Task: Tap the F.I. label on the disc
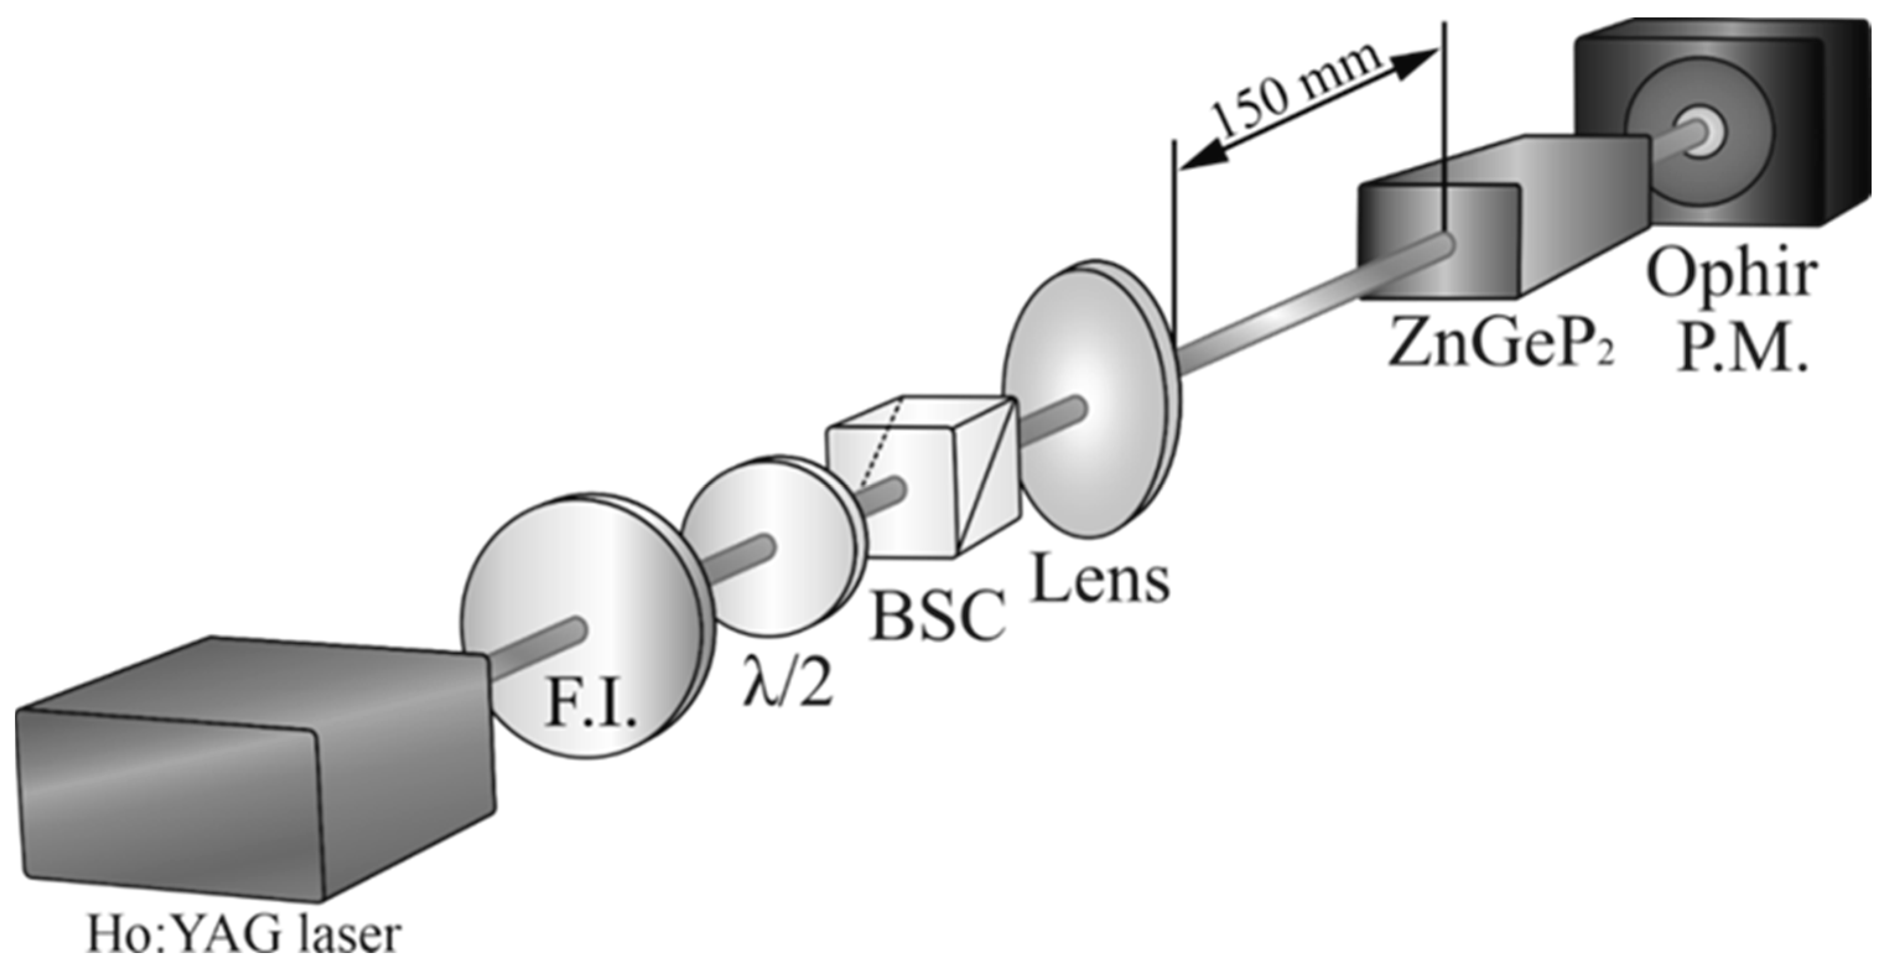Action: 591,705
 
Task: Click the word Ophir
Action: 1732,276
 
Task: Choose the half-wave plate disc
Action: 769,546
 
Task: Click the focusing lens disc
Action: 1084,403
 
